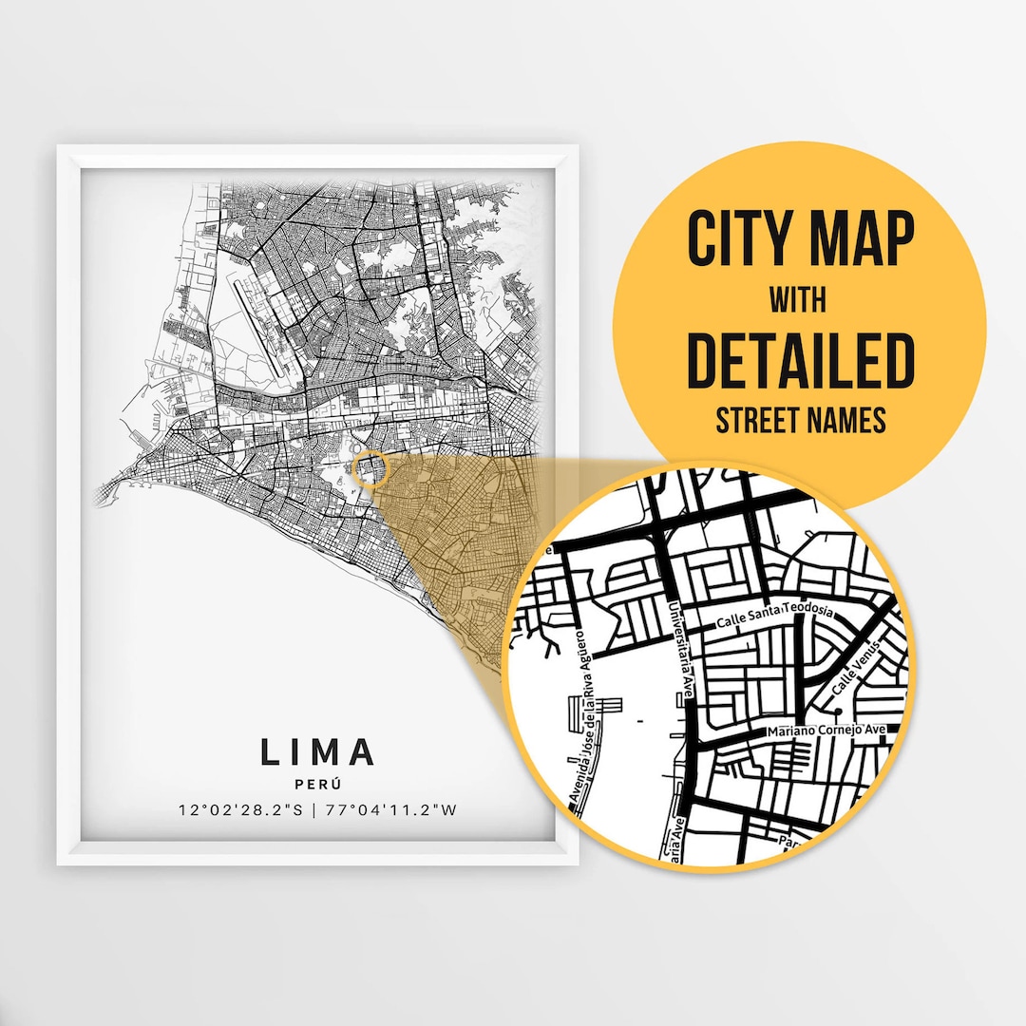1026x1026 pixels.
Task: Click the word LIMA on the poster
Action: [318, 751]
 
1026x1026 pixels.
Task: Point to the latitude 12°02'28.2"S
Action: [239, 810]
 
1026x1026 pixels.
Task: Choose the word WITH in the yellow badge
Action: [798, 301]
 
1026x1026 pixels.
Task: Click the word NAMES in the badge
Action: [847, 421]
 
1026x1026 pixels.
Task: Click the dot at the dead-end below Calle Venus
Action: [838, 710]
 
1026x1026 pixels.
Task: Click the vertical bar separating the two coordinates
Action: [316, 810]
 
